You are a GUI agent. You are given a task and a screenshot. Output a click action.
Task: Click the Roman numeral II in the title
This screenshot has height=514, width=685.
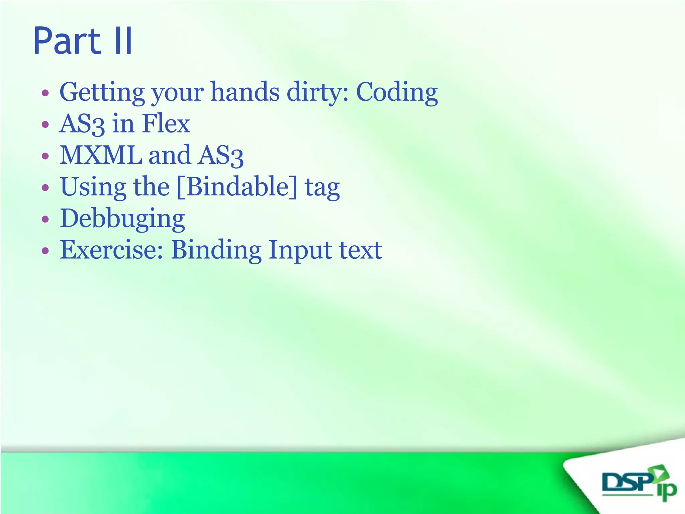(x=123, y=41)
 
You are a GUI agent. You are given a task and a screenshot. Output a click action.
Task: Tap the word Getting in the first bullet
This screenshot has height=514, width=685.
(x=102, y=92)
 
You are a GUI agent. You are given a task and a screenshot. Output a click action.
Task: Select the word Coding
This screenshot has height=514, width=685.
(x=397, y=92)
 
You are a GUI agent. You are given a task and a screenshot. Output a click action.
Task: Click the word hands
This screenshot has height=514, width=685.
(x=245, y=92)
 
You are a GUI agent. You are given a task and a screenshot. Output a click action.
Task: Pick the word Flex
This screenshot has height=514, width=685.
(x=166, y=123)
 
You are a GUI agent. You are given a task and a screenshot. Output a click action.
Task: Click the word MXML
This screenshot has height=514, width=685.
(x=101, y=155)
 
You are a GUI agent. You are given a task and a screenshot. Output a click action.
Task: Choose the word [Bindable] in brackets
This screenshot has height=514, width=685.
(x=237, y=187)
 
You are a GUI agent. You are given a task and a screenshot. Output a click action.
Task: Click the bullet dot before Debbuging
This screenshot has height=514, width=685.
(x=45, y=220)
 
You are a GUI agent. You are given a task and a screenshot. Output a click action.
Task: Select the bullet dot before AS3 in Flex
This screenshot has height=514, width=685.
(x=45, y=125)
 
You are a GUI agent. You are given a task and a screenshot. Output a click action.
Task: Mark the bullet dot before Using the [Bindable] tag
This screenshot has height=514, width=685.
(x=45, y=188)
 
